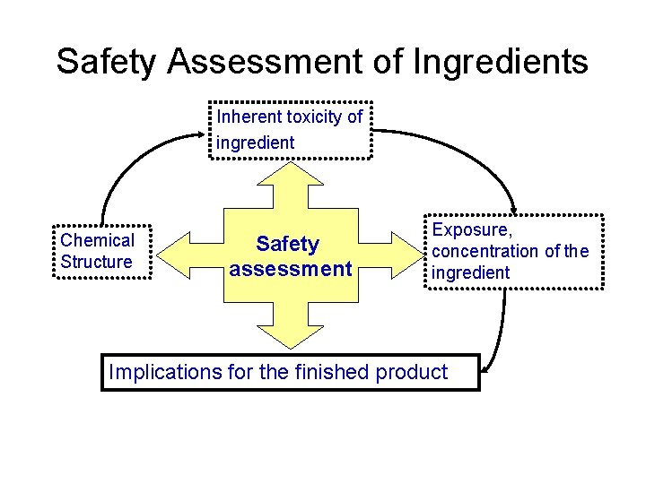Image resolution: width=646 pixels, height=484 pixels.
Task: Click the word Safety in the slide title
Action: click(x=107, y=62)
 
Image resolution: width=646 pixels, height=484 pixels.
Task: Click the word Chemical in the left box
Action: click(x=97, y=240)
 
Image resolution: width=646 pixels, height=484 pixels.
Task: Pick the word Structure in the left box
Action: click(x=97, y=262)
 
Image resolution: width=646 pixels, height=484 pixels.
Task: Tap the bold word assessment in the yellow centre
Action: click(x=290, y=268)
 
